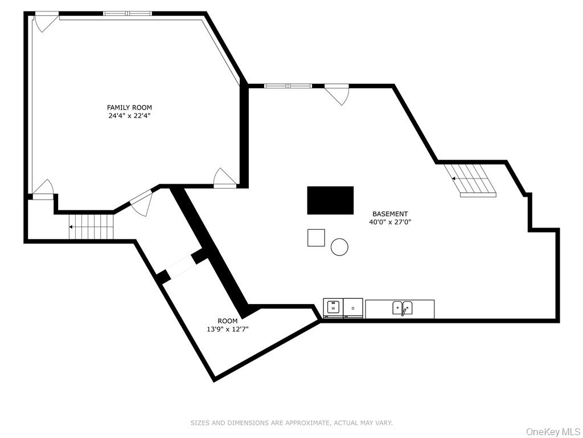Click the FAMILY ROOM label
[x=129, y=108]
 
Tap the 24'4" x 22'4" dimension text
[x=129, y=116]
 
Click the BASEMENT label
[x=390, y=214]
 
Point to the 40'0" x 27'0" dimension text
[x=390, y=222]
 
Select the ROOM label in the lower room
[x=228, y=321]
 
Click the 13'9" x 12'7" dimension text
[x=228, y=329]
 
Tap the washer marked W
[x=333, y=309]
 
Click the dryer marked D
[x=353, y=309]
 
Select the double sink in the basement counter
[x=403, y=308]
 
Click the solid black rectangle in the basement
[x=330, y=200]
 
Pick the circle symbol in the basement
[x=339, y=247]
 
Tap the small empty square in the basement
[x=316, y=238]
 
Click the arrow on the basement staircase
[x=454, y=179]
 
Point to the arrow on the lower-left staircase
[x=71, y=227]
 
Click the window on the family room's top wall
[x=128, y=14]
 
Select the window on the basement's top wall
[x=288, y=86]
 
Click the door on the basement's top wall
[x=337, y=94]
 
